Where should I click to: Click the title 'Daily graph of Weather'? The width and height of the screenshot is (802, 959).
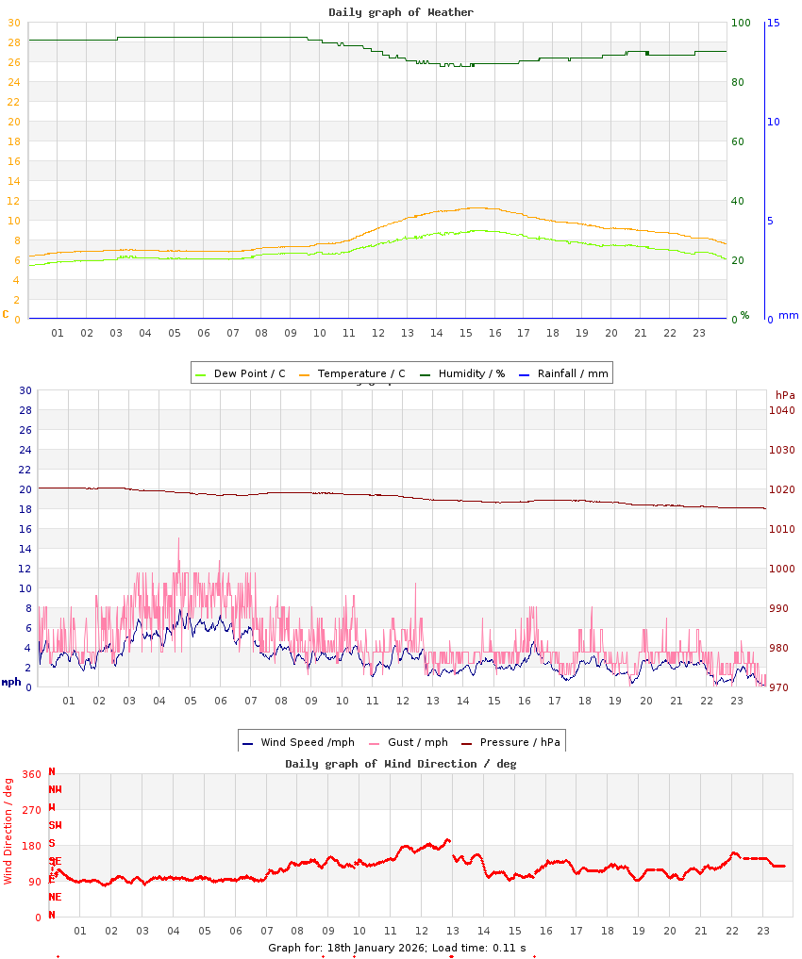coord(401,12)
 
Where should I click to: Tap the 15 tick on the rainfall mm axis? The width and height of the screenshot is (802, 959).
coord(773,23)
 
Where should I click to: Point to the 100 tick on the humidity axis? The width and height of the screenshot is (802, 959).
coord(741,23)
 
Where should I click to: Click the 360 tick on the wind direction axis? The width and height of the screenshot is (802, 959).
coord(31,774)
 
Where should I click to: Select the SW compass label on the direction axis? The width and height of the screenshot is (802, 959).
coord(55,825)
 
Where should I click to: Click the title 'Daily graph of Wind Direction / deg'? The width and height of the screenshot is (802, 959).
coord(401,764)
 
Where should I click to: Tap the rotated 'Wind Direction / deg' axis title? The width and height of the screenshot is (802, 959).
coord(8,830)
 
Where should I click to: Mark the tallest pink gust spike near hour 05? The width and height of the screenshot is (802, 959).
coord(178,540)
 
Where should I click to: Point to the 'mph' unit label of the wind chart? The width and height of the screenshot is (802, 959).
coord(11,681)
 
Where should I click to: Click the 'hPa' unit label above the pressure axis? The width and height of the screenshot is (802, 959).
coord(785,394)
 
